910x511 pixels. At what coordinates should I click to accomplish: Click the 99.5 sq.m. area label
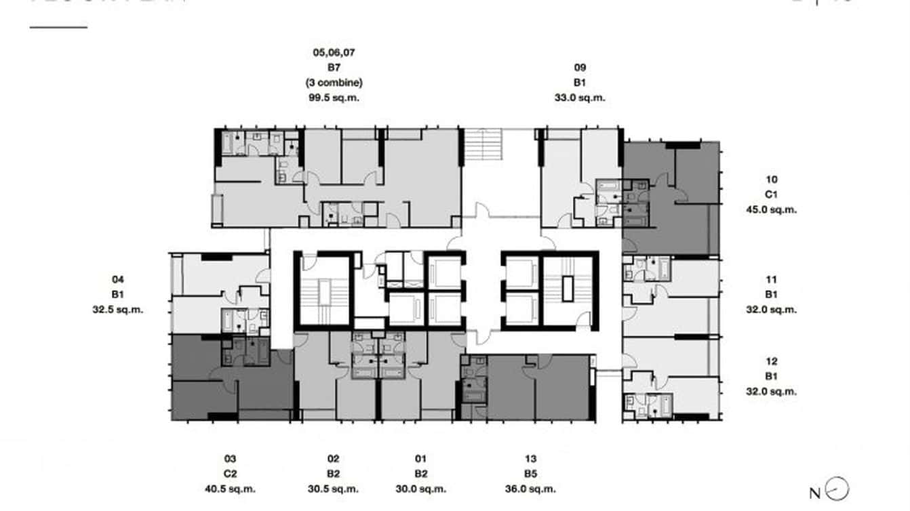[333, 98]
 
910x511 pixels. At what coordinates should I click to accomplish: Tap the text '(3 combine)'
[333, 83]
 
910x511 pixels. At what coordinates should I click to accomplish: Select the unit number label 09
[580, 67]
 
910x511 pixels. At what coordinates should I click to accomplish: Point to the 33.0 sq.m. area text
[580, 98]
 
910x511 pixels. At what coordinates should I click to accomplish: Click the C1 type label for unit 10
[771, 195]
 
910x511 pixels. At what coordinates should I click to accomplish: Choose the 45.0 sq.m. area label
[771, 209]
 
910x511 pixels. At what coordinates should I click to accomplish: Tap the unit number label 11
[771, 279]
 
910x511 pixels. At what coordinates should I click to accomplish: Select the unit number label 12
[771, 361]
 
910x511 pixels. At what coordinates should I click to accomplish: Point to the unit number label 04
[118, 279]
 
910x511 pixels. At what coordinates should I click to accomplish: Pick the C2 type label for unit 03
[230, 474]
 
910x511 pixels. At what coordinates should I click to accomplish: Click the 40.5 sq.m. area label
[230, 489]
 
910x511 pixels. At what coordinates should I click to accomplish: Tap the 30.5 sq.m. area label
[333, 489]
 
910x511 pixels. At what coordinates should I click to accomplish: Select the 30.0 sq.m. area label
[421, 489]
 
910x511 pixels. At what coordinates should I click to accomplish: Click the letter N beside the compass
[815, 493]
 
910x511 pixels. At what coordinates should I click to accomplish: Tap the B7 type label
[333, 68]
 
